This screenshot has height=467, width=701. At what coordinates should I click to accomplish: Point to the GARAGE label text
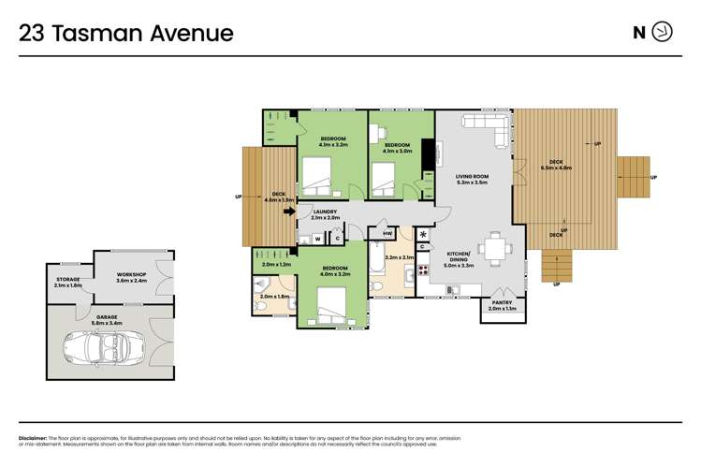106,317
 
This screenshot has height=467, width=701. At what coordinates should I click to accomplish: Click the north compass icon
662,33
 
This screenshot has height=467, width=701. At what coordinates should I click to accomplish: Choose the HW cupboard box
387,233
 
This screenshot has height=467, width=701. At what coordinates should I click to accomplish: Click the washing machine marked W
316,239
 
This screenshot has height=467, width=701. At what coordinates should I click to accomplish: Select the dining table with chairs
493,250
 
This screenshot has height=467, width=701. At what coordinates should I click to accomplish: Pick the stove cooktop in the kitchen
423,270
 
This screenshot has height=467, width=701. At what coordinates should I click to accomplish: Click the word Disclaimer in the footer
35,438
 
